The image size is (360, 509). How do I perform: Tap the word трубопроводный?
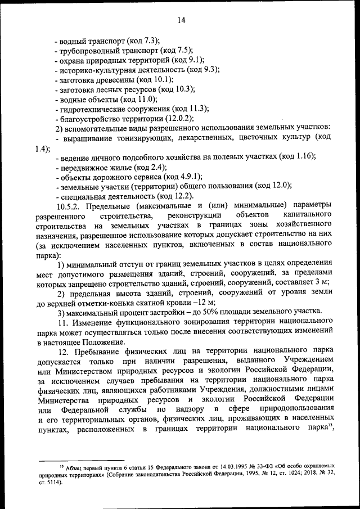[87, 50]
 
